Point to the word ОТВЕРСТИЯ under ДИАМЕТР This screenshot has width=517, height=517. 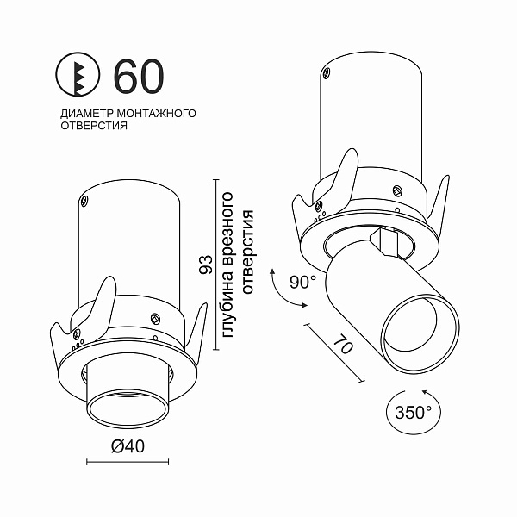click(94, 126)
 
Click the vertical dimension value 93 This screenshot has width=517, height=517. click(205, 265)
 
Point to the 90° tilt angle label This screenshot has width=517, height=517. click(303, 282)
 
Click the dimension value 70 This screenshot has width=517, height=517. click(343, 346)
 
